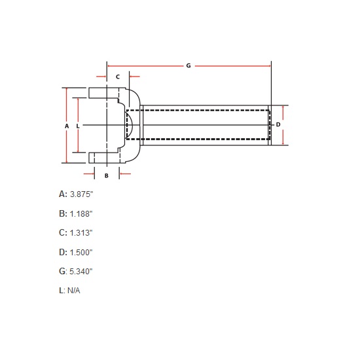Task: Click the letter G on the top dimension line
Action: [189, 66]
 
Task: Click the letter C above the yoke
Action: [118, 77]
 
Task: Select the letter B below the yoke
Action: [106, 175]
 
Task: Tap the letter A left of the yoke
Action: [67, 124]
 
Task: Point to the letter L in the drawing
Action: [78, 124]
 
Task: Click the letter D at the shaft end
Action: [278, 124]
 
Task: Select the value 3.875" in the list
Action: [82, 194]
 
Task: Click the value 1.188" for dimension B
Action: [82, 213]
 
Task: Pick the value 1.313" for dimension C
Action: [82, 232]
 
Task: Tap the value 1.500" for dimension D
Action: [82, 252]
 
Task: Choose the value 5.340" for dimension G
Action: [82, 271]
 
